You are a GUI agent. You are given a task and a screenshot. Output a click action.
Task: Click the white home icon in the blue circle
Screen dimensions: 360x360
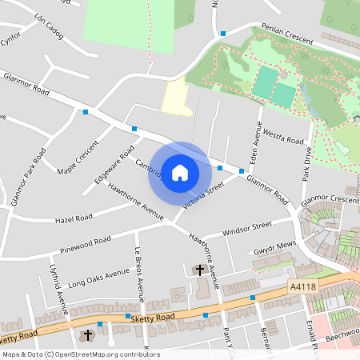180,172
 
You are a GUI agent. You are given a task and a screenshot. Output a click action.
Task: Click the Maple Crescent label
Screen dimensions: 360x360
77,158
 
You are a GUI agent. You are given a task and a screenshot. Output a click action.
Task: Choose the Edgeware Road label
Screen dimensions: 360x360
114,164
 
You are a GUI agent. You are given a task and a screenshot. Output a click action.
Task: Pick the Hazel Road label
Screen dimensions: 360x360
73,218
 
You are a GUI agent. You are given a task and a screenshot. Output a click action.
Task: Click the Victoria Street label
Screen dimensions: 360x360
202,196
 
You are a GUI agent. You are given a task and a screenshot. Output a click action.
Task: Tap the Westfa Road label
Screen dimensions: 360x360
284,137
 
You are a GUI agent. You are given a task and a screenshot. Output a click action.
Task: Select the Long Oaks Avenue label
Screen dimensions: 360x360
98,278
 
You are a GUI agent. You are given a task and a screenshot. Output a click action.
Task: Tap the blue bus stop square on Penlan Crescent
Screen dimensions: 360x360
223,34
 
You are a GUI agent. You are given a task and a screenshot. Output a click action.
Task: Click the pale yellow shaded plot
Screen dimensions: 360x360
175,98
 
